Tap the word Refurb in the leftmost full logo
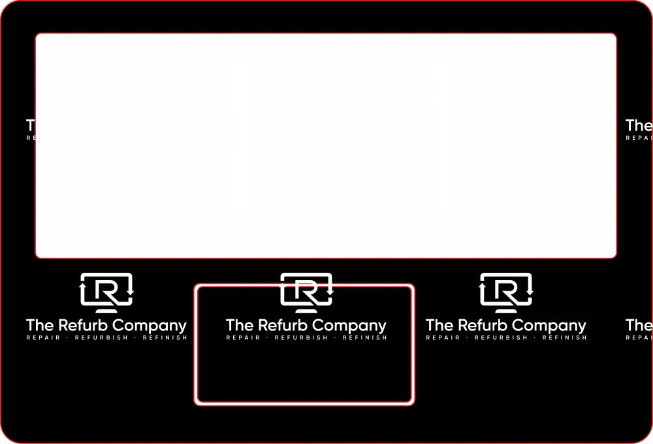pos(84,325)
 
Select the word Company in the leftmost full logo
pos(150,325)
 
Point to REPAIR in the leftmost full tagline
pos(43,338)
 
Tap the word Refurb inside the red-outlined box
pos(284,325)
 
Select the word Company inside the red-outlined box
pos(349,325)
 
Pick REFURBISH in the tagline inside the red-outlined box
pos(301,338)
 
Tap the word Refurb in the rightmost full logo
pos(484,325)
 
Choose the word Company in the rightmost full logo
pos(549,325)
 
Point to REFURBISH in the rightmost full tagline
pos(501,338)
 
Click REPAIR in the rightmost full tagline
pos(443,338)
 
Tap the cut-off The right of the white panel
pos(639,125)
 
